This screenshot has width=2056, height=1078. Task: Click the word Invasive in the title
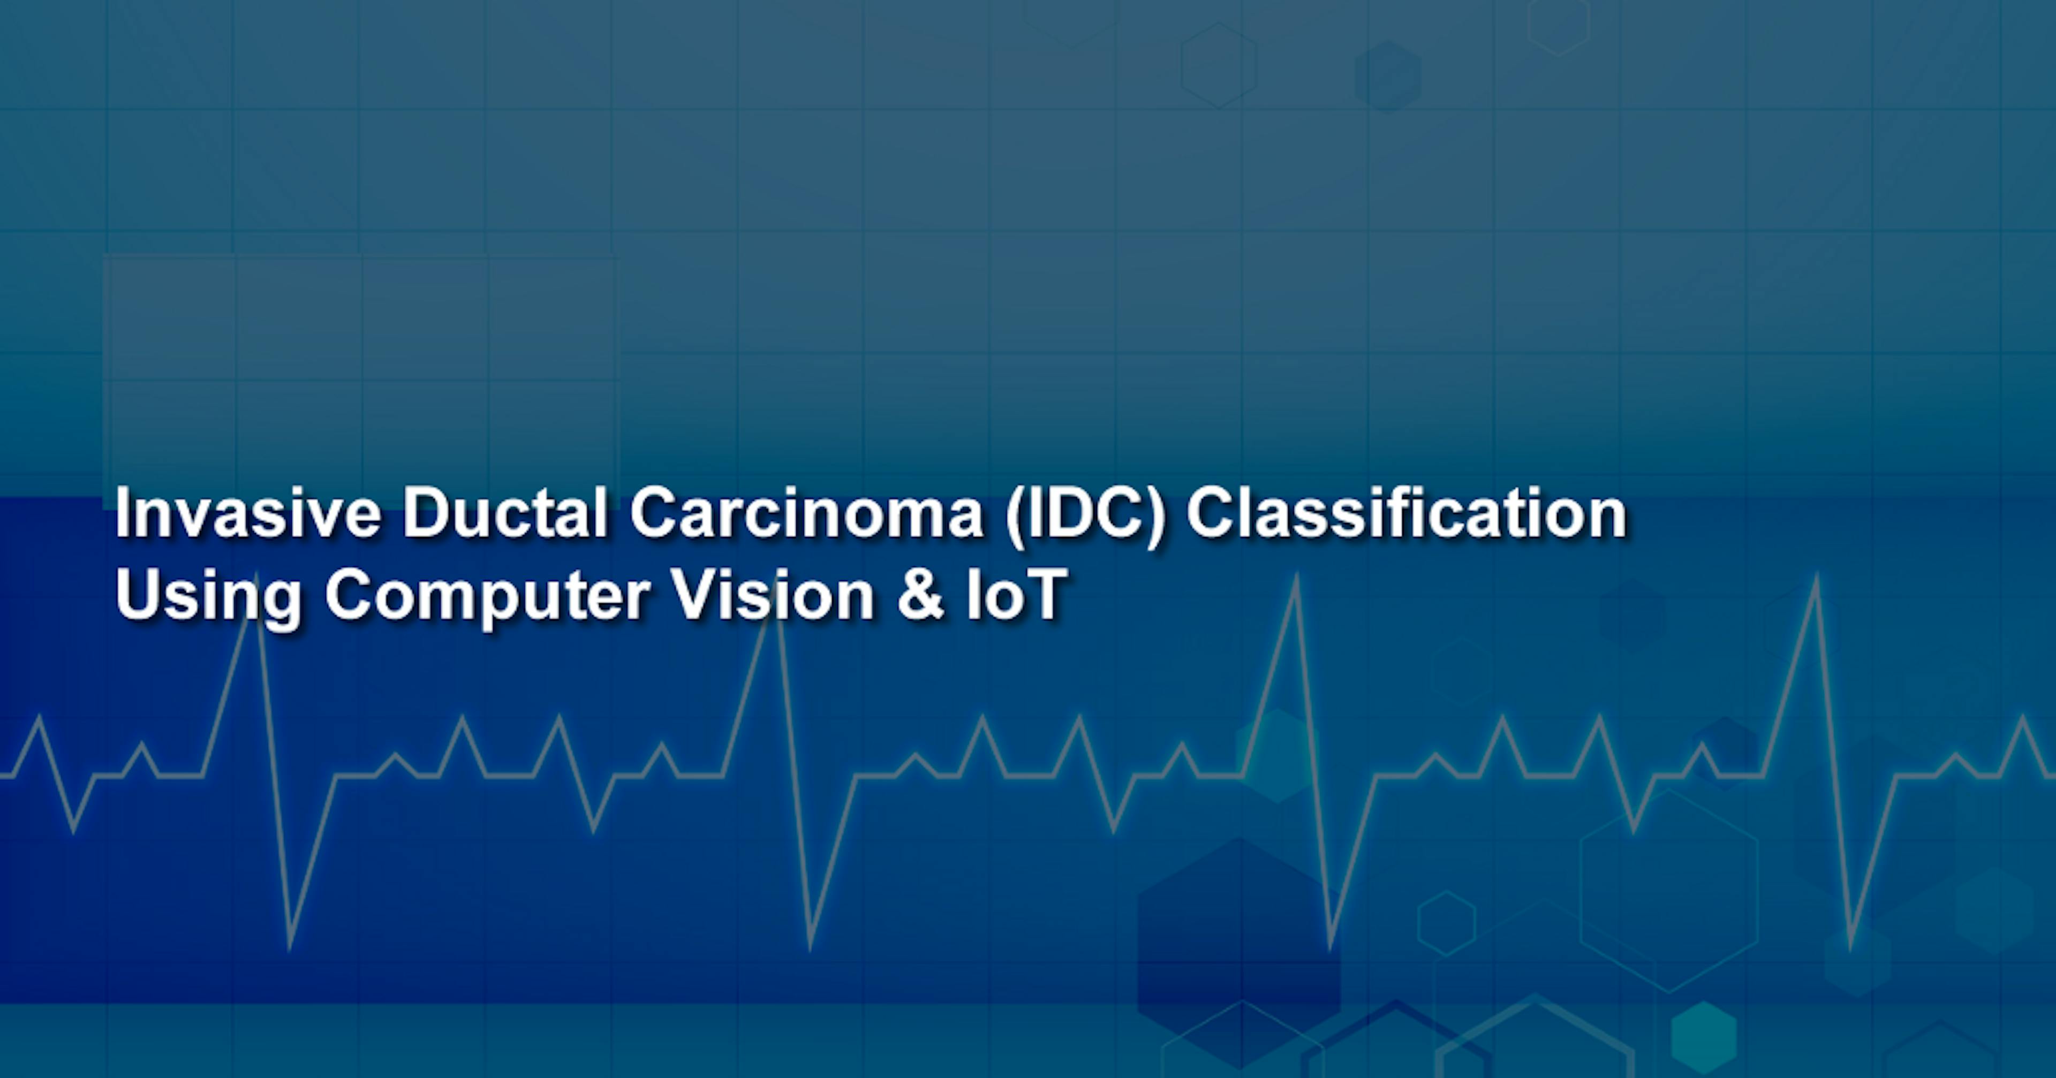(x=247, y=514)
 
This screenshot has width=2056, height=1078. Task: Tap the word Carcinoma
(x=806, y=514)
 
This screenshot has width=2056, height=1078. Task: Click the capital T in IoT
(x=1044, y=595)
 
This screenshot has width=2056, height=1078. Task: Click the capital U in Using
(x=137, y=595)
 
